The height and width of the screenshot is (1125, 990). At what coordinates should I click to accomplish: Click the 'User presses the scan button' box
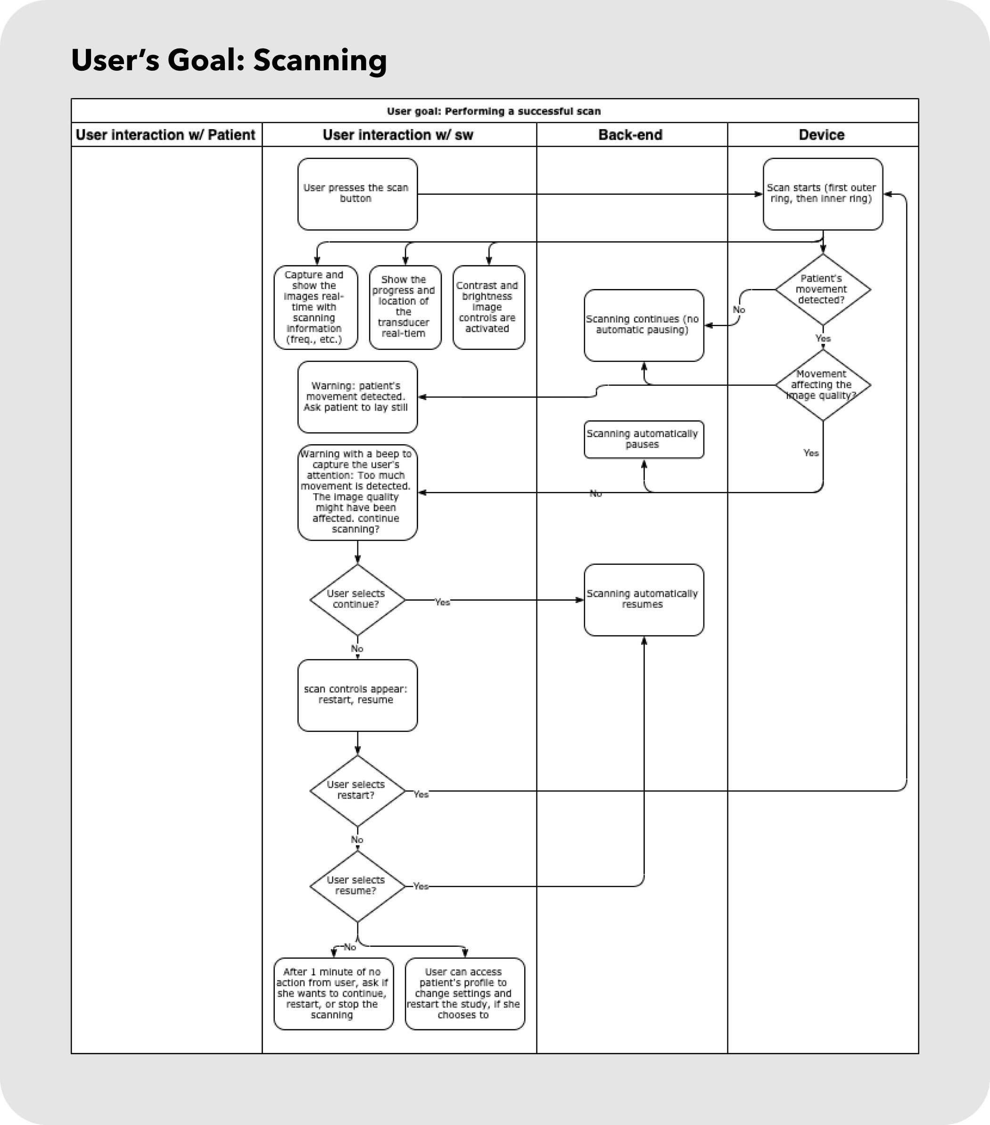coord(357,194)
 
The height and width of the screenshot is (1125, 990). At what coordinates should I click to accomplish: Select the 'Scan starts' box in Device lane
coord(823,194)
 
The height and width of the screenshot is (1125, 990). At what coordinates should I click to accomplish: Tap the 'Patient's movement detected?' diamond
coord(823,290)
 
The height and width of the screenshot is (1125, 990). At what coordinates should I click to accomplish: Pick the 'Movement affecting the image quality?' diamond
coord(823,385)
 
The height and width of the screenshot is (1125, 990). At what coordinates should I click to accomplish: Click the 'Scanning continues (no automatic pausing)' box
coord(644,325)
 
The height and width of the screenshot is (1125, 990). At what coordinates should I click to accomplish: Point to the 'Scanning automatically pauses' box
coord(644,439)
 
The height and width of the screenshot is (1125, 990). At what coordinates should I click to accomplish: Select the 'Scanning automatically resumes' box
coord(644,599)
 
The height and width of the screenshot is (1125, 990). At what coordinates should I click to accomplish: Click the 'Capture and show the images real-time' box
coord(315,308)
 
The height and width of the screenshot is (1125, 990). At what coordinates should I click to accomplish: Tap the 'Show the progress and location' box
coord(405,308)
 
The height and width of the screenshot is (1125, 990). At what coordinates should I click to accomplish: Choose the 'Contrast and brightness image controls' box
coord(489,308)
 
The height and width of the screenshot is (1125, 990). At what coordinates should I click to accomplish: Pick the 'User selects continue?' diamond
coord(357,599)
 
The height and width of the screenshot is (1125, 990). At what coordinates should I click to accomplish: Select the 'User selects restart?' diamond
coord(357,790)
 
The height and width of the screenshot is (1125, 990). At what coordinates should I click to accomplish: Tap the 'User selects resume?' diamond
coord(357,886)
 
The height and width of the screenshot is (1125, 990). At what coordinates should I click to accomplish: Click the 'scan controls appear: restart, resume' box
coord(357,695)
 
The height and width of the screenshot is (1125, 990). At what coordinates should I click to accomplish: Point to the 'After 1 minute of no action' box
coord(333,993)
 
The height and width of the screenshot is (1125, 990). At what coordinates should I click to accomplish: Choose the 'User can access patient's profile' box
coord(464,993)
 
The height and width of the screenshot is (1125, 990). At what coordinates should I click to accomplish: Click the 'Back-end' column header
coord(631,135)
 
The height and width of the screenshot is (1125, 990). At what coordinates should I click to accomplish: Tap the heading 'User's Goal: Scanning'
coord(229,60)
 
